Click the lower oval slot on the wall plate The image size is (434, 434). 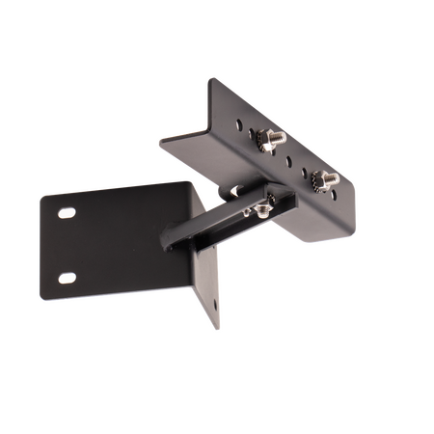[65, 278]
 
